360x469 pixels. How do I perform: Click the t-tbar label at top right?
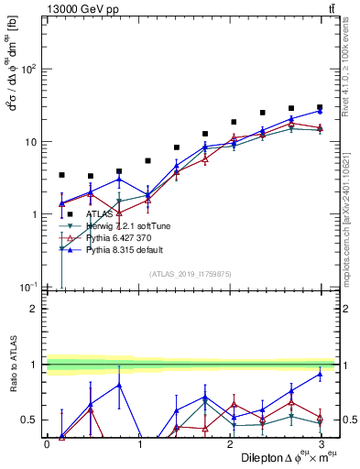click(329, 8)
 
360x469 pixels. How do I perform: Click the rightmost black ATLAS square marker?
click(320, 107)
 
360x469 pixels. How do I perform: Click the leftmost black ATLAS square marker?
click(61, 174)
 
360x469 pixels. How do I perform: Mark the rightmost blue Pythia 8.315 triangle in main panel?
click(320, 111)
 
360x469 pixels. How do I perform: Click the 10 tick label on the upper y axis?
click(30, 142)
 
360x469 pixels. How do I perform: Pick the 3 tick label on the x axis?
click(321, 443)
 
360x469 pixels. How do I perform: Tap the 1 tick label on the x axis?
click(138, 443)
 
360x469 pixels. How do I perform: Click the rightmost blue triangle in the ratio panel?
click(320, 374)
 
